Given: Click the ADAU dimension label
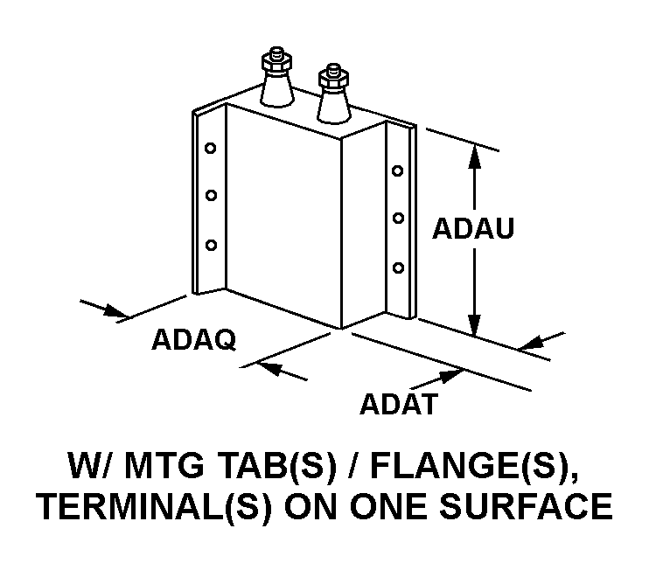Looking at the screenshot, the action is point(472,228).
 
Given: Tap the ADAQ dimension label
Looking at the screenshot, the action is point(193,339).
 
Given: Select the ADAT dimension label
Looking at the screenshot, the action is point(399,404).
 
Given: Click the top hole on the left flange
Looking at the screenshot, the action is point(211,148).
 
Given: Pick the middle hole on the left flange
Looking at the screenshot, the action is point(212,195).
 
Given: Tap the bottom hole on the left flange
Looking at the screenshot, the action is point(212,245).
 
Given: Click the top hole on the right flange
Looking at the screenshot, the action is point(397,170).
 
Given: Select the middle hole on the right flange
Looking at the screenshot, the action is point(398,218).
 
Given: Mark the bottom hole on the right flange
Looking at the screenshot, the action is point(398,268).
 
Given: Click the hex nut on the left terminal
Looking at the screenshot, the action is point(276,62).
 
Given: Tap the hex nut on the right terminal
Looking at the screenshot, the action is point(333,79).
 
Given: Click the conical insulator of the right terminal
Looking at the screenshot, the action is point(333,105).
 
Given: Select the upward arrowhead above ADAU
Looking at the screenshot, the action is point(474,156).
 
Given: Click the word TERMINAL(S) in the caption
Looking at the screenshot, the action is point(154,506).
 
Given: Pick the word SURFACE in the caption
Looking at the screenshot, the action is point(527,506).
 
